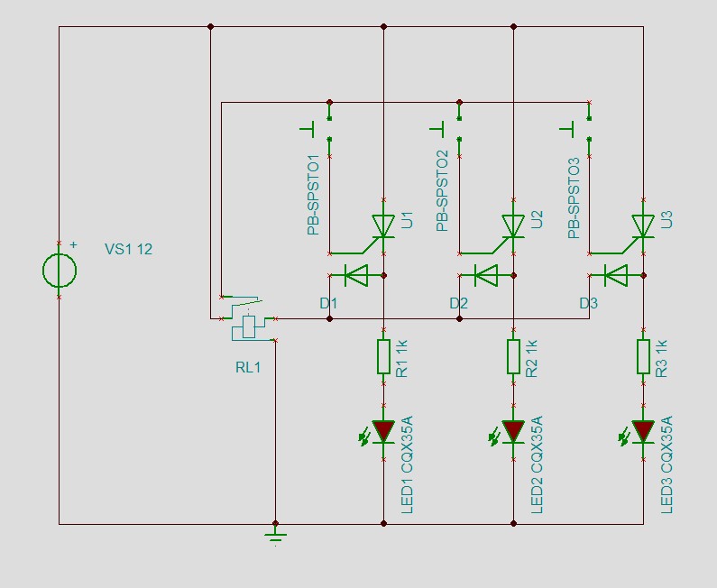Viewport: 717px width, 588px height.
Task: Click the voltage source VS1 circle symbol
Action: click(60, 271)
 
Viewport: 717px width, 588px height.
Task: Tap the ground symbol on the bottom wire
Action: click(275, 537)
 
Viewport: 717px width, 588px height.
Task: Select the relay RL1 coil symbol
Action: click(249, 326)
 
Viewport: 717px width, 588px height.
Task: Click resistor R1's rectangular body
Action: click(383, 356)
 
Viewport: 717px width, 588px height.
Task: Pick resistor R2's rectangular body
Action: click(513, 356)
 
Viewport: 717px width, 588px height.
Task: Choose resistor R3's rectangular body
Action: click(643, 356)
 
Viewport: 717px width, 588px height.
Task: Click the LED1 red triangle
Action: click(383, 431)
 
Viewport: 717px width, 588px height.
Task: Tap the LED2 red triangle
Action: click(513, 431)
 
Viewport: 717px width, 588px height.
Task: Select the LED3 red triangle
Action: click(643, 431)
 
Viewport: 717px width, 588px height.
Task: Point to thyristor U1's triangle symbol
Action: click(383, 225)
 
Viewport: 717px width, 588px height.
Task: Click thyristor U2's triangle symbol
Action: click(513, 225)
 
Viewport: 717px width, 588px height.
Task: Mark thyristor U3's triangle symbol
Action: click(643, 225)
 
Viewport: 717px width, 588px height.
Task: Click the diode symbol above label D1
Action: click(356, 275)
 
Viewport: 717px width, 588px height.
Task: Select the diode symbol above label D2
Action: click(486, 275)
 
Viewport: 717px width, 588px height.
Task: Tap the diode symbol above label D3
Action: click(616, 275)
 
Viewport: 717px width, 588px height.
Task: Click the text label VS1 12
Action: click(128, 249)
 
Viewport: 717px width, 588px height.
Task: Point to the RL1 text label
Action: click(248, 367)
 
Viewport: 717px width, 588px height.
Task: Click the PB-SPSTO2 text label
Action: click(442, 190)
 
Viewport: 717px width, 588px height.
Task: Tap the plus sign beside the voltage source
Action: click(73, 244)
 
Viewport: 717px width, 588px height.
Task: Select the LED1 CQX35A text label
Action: click(407, 464)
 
